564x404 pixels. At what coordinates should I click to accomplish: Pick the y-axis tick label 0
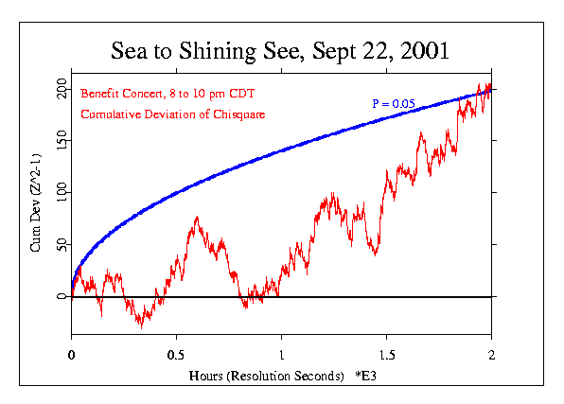point(63,296)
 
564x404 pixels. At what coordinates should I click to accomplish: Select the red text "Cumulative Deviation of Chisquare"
point(171,115)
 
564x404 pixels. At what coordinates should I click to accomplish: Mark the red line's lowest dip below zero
point(141,325)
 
